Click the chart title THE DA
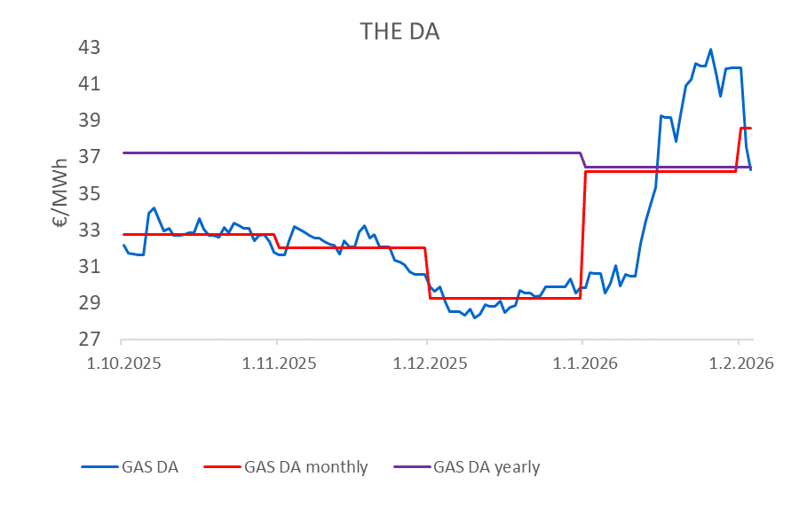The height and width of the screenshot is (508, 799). coord(399,32)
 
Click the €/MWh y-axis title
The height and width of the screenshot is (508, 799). coord(61,193)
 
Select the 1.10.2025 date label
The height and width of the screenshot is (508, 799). coord(122,363)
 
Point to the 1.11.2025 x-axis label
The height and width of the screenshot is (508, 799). coord(277,363)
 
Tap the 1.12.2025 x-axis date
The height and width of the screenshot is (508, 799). coord(427,363)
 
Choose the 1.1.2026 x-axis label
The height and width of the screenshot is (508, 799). coord(582,363)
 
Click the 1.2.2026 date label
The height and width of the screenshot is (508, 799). coord(738,363)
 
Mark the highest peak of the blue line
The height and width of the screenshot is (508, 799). coord(710,50)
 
